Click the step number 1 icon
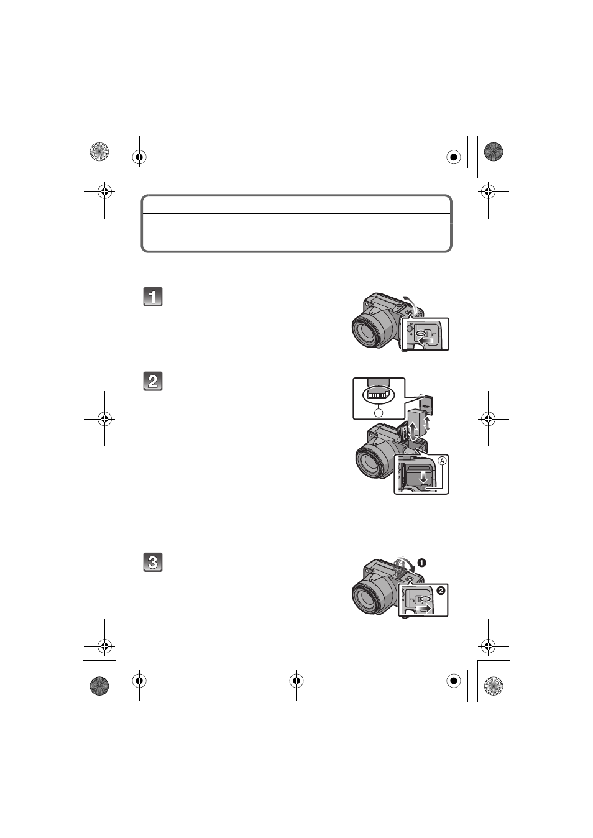(153, 297)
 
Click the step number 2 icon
(153, 381)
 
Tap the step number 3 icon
(153, 562)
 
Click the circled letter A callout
(442, 461)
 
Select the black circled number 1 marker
(422, 563)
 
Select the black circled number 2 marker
(441, 591)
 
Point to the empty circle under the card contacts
(379, 413)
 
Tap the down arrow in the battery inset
(423, 477)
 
